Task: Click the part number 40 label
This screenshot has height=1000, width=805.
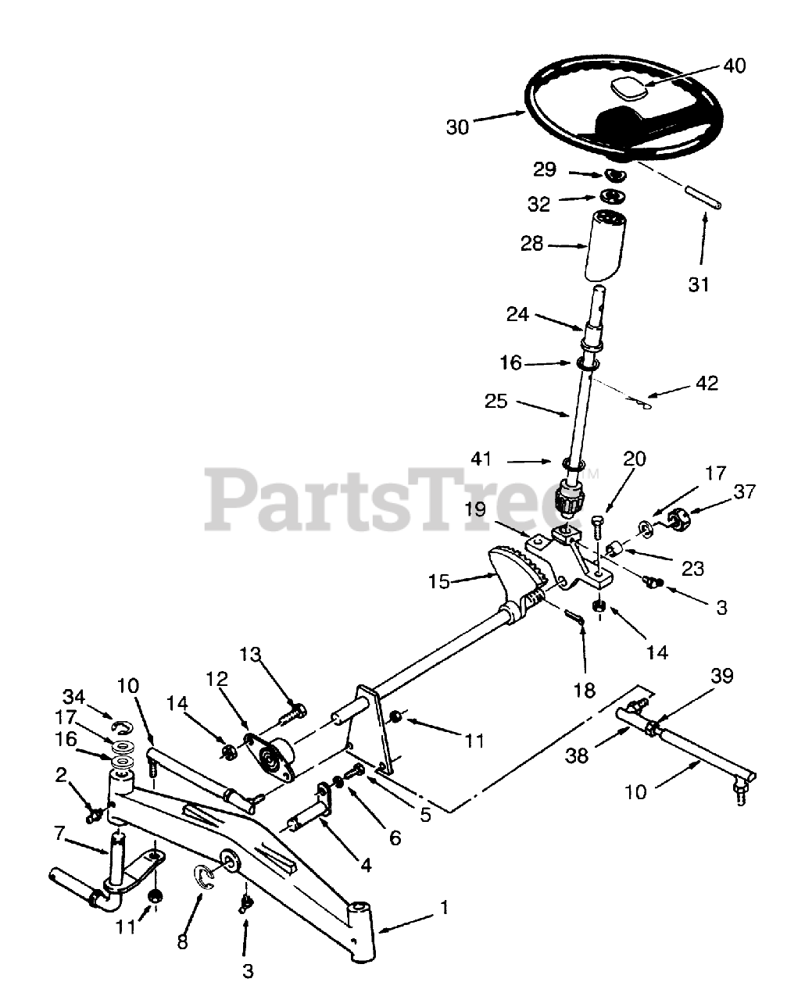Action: pos(735,66)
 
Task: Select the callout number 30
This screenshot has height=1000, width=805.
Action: pos(457,126)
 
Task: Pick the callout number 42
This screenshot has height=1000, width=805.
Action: pos(706,384)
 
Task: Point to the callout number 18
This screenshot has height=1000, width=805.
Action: pos(584,690)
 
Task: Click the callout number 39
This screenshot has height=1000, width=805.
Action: pos(721,676)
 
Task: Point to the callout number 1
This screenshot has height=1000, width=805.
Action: pos(444,908)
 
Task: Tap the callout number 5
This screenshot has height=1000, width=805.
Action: pos(425,815)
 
